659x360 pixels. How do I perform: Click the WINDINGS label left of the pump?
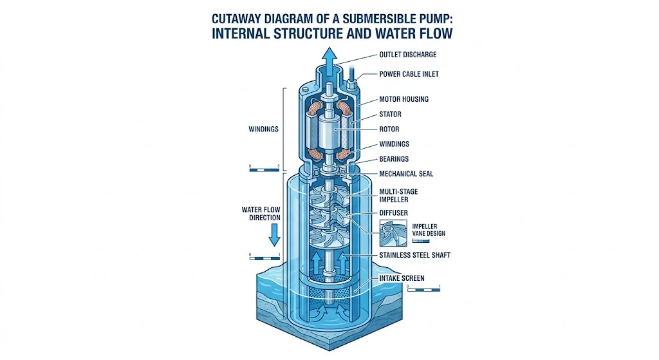263,129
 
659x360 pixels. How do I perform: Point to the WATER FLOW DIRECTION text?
261,214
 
